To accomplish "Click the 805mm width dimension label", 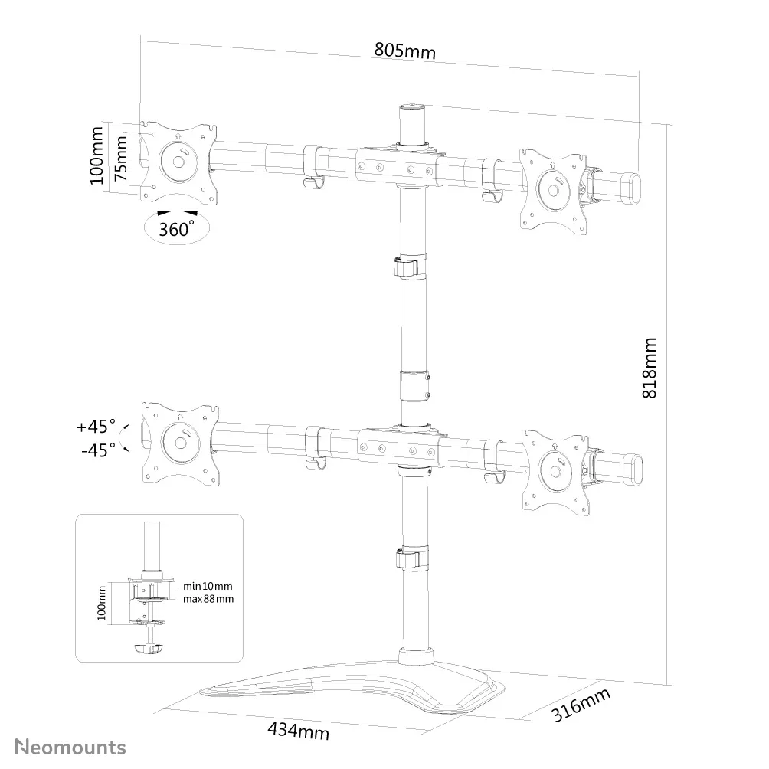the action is tap(404, 51).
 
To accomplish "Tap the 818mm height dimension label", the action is tap(650, 368).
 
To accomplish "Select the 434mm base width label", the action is tap(298, 731).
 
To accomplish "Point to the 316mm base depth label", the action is tap(581, 705).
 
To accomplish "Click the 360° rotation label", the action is tap(176, 228).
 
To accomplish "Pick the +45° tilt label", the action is tap(97, 426).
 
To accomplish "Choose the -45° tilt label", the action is tap(99, 450).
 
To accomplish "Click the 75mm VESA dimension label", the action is tap(121, 159).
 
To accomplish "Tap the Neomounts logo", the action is tap(70, 748).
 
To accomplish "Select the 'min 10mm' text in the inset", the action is tap(208, 586).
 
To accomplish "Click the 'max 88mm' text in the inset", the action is tap(208, 599).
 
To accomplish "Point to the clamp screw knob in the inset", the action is tap(149, 649).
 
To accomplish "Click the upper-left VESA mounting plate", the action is tap(178, 162).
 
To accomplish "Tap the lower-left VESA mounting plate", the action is tap(181, 443).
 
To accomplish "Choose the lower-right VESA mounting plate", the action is tap(555, 472).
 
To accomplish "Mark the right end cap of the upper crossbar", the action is tap(633, 188).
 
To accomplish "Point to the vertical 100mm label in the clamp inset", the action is tap(102, 604).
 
